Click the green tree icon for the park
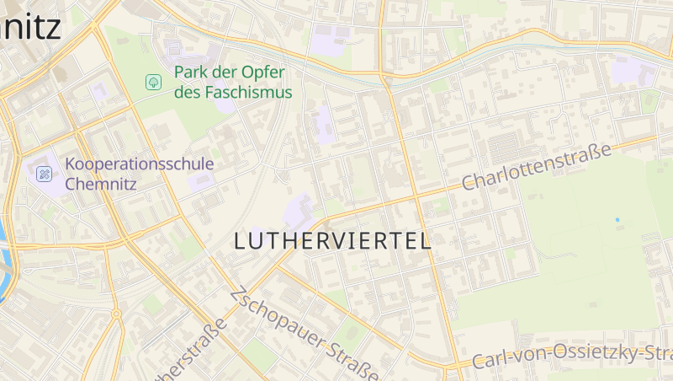tap(153, 82)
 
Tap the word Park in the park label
tap(191, 72)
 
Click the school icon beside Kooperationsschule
tap(45, 174)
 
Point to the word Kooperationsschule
tap(139, 164)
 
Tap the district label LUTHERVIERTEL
tap(332, 240)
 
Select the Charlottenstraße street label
tap(536, 167)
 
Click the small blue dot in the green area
tap(617, 220)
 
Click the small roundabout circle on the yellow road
tap(116, 314)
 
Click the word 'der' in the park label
tap(224, 72)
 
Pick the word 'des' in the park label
tap(186, 92)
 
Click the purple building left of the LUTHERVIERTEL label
tap(301, 207)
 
